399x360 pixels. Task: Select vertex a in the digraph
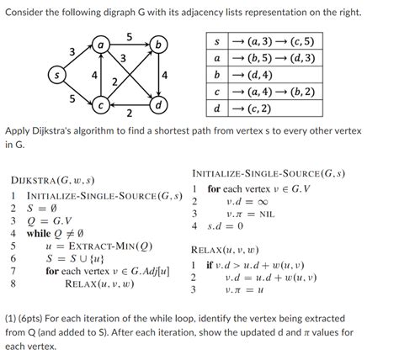click(x=100, y=42)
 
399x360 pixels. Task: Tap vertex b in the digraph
click(x=159, y=43)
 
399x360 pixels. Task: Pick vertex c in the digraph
click(x=100, y=107)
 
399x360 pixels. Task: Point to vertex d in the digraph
click(x=159, y=107)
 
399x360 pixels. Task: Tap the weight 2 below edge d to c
click(x=129, y=114)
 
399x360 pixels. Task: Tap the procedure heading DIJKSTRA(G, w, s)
click(x=51, y=181)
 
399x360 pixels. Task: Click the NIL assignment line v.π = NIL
click(x=252, y=214)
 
